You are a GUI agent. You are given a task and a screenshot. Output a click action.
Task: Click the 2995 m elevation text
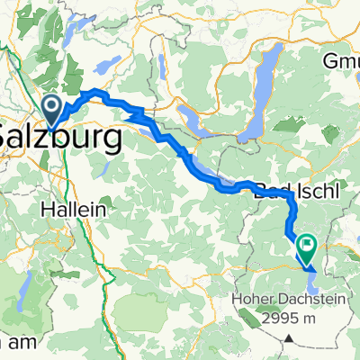click(x=283, y=321)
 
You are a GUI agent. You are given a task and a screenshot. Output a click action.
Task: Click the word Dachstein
click(x=301, y=303)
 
